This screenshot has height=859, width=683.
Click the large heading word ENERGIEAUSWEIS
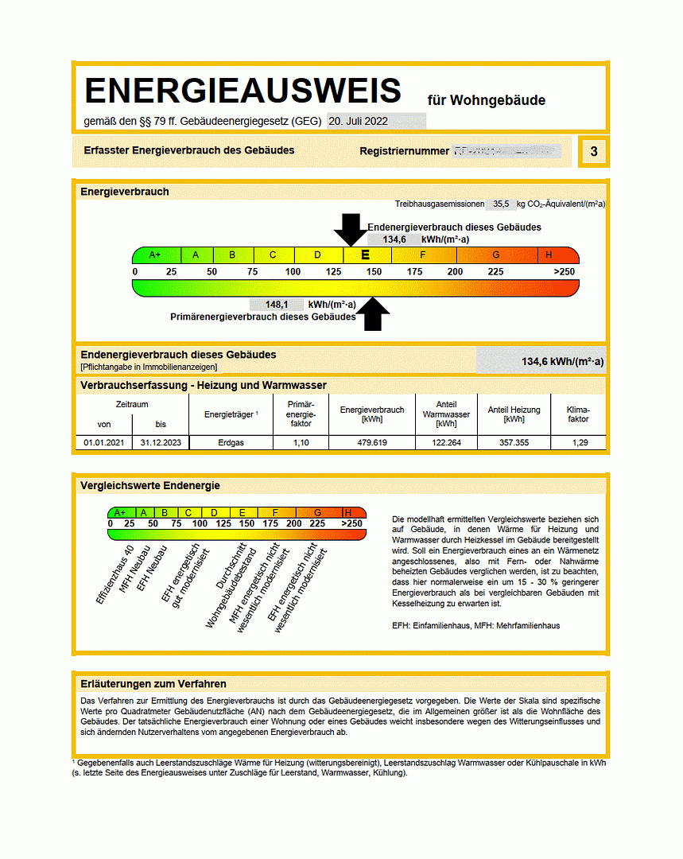coord(243,91)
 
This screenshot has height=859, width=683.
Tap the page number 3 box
coord(594,151)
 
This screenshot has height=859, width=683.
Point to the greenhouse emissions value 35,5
coord(501,204)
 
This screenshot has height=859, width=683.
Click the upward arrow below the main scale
coord(375,314)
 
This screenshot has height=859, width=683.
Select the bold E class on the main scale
coord(366,255)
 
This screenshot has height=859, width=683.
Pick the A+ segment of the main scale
coord(156,255)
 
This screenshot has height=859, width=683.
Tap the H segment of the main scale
coord(549,255)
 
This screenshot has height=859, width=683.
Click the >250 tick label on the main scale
coord(564,272)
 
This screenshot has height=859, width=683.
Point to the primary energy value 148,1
coord(276,305)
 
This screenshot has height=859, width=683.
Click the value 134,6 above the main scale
coord(394,239)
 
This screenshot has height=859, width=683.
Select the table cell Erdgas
coord(231,442)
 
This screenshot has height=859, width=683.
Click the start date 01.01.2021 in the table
coord(103,442)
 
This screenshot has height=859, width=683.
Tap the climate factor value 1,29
coord(579,442)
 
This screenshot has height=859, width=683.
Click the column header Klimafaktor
coord(579,414)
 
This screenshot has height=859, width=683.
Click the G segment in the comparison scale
coord(318,513)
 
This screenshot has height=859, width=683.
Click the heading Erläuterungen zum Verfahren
coord(153,684)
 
